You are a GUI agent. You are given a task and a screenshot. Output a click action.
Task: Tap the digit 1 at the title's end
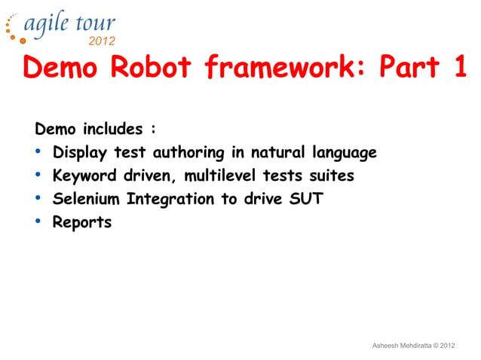point(459,68)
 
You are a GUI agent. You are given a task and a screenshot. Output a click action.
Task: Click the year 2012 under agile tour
point(103,41)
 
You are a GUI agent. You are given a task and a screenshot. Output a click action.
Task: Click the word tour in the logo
point(96,23)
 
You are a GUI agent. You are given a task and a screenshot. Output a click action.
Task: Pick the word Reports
point(81,222)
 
